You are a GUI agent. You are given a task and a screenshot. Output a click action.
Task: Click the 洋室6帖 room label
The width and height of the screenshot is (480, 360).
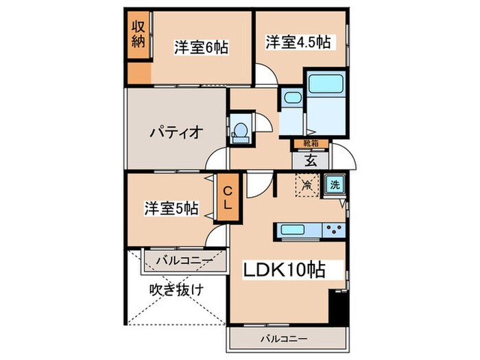pyautogui.click(x=200, y=47)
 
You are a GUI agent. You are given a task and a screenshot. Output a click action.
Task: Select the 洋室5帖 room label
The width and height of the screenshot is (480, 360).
pyautogui.click(x=171, y=208)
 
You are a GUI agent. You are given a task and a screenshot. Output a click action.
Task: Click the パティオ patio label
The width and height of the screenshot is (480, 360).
pyautogui.click(x=175, y=132)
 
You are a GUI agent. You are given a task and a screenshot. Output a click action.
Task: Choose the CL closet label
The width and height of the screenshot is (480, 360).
pyautogui.click(x=227, y=197)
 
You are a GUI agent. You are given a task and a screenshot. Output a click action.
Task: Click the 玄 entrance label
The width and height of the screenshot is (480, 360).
pyautogui.click(x=310, y=162)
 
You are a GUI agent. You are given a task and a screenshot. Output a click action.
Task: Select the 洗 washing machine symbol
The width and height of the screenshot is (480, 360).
pyautogui.click(x=335, y=184)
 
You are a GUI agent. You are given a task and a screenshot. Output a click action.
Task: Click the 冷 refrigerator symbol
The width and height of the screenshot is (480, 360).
pyautogui.click(x=307, y=184)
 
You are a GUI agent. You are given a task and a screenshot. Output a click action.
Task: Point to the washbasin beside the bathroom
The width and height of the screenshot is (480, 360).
pyautogui.click(x=291, y=97)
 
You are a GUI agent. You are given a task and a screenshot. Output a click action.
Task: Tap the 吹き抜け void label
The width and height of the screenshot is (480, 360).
pyautogui.click(x=176, y=290)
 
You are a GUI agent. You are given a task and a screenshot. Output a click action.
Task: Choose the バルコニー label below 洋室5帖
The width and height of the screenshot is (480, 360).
pyautogui.click(x=181, y=260)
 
